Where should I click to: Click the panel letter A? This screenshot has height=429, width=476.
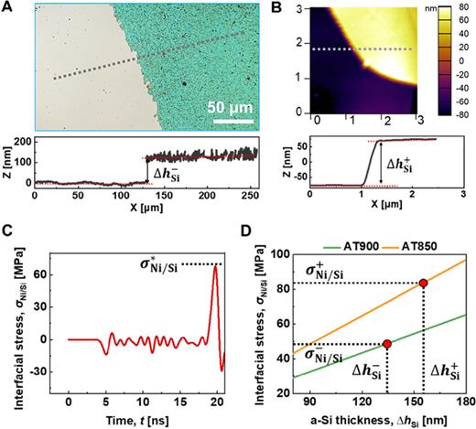(8, 9)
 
